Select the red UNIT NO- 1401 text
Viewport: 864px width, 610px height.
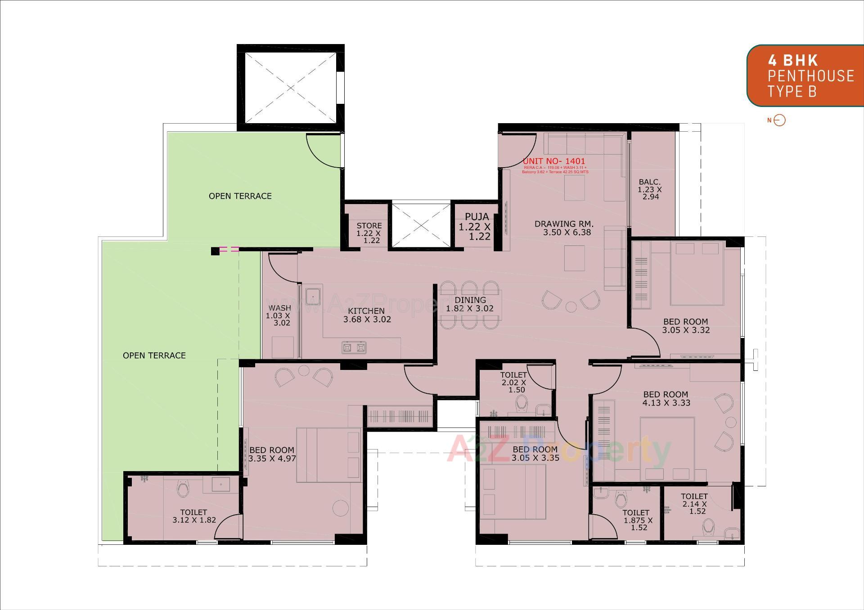[x=554, y=161]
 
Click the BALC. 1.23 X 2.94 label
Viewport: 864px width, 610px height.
[x=650, y=189]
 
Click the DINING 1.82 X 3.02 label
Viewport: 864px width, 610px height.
[x=470, y=304]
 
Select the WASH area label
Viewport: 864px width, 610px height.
[x=279, y=315]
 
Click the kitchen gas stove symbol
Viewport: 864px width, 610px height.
[x=354, y=347]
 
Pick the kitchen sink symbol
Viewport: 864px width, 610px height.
[x=313, y=296]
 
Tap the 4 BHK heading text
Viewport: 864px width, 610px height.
[x=792, y=60]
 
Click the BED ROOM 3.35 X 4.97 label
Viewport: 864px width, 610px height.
[x=272, y=454]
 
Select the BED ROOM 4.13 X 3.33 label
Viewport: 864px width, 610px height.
[x=666, y=399]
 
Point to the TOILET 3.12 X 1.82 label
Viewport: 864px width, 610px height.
[x=194, y=516]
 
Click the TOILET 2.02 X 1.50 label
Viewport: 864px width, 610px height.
[x=513, y=383]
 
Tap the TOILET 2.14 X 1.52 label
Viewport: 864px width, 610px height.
[x=694, y=503]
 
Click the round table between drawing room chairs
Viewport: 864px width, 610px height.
[x=571, y=307]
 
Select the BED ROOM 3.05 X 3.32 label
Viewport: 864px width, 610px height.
[x=685, y=326]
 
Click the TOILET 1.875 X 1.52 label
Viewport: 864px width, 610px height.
[x=637, y=520]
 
